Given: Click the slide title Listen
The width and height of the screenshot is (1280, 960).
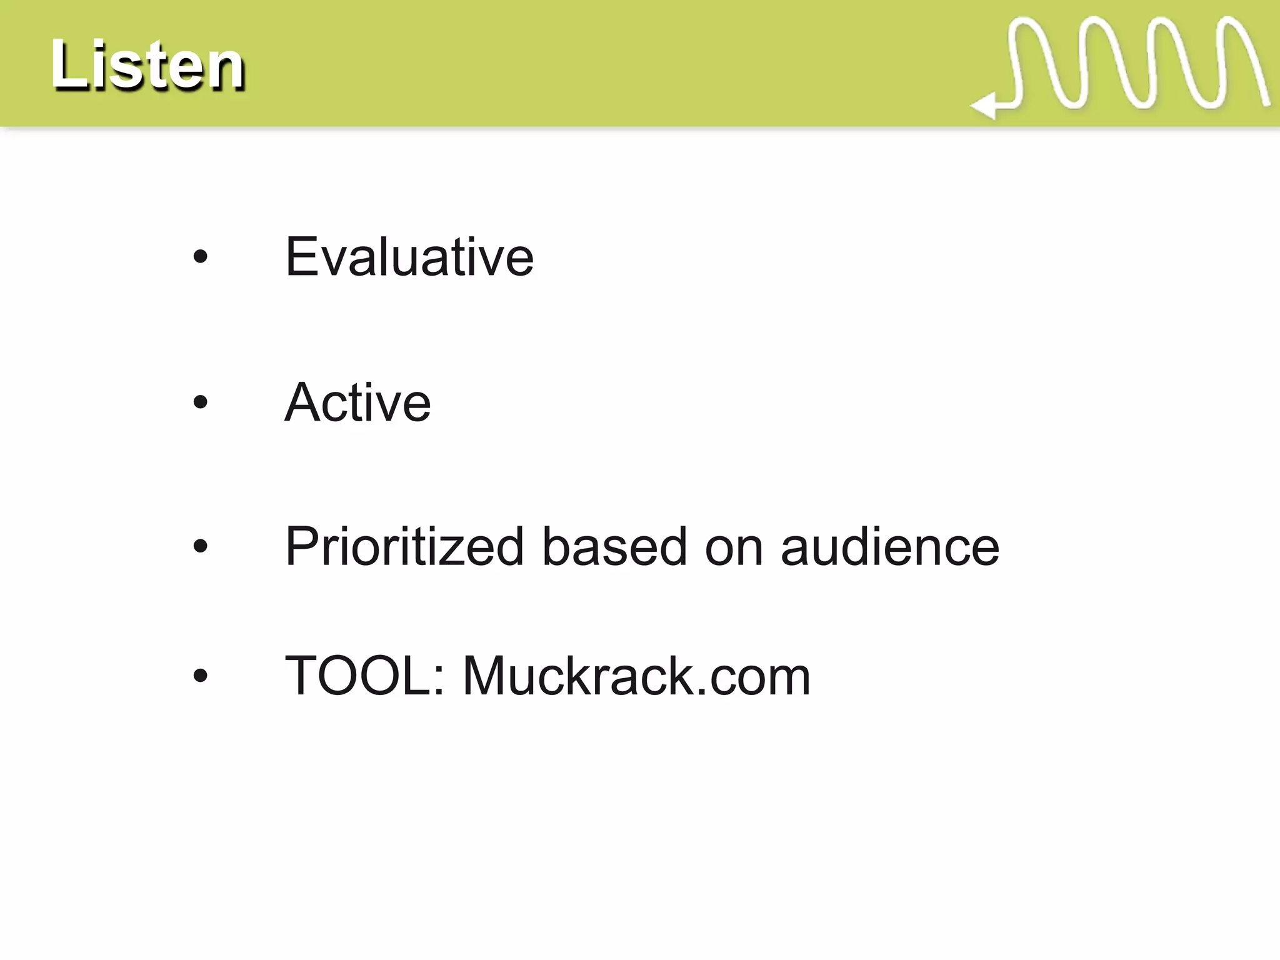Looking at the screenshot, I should click(147, 65).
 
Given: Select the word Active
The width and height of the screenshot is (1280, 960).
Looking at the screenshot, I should click(357, 402).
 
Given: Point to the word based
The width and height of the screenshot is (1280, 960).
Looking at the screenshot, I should click(614, 547).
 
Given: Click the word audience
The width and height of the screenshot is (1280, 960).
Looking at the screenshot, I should click(890, 547).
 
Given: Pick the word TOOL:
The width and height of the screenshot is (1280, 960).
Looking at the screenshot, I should click(365, 676).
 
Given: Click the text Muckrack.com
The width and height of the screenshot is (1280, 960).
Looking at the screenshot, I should click(636, 676).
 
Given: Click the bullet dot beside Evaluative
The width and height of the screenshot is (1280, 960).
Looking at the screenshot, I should click(200, 256).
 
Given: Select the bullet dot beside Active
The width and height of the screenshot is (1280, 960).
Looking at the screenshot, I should click(200, 402).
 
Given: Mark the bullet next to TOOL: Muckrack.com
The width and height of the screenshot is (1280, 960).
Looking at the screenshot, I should click(200, 676).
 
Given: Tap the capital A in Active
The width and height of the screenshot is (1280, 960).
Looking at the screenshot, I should click(304, 402).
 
